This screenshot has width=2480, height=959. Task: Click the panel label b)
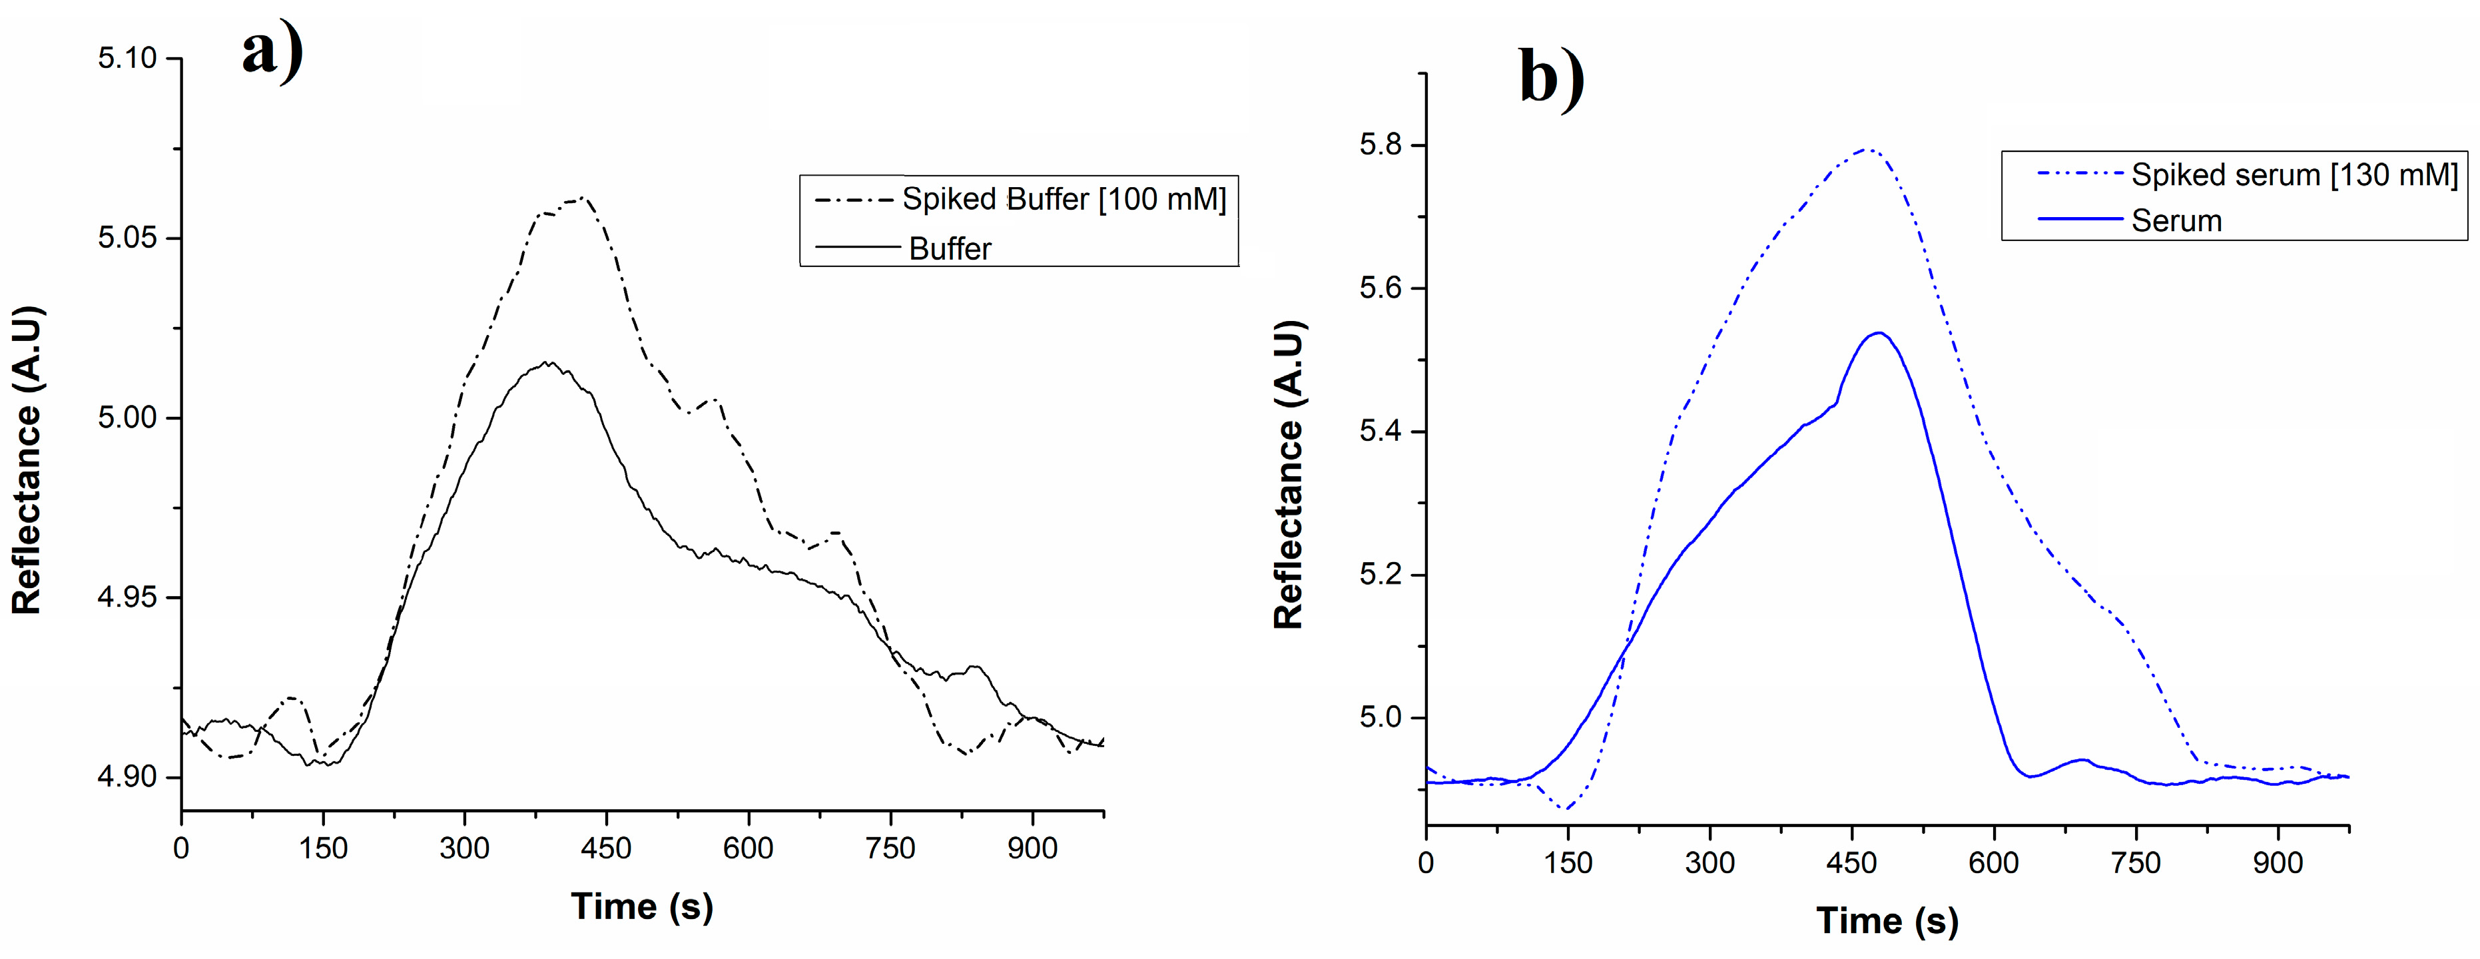1551,77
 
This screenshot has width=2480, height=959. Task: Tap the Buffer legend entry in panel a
949,248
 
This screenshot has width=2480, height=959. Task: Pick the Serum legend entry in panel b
2176,220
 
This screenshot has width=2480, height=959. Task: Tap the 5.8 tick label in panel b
1380,145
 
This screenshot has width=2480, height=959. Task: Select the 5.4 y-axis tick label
1380,432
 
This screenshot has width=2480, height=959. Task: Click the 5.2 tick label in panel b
1380,575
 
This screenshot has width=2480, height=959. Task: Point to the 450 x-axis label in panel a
605,849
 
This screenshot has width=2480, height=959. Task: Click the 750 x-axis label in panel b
2135,862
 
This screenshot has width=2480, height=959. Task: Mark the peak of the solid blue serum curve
1878,333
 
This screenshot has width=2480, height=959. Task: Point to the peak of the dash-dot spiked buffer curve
581,198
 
